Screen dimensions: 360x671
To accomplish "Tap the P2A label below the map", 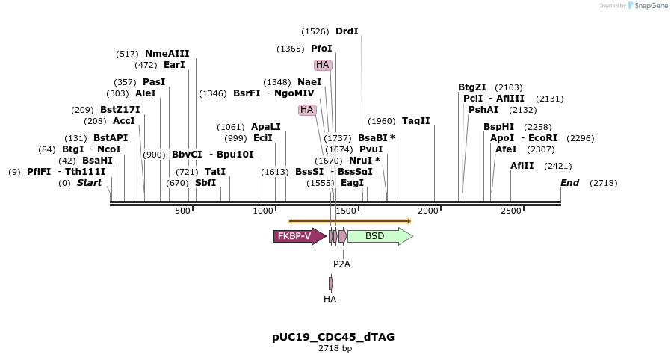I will tap(341, 264).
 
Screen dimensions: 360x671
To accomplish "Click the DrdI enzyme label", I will tap(347, 31).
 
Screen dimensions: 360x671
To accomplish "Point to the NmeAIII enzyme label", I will tap(167, 54).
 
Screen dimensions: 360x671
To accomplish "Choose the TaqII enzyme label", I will tap(416, 121).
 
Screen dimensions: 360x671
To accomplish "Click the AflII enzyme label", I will tap(522, 166).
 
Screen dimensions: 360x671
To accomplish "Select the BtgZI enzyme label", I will tap(472, 87).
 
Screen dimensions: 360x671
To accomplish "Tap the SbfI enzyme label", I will tap(205, 183).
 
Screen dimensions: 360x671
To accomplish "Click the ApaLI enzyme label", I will tap(266, 127).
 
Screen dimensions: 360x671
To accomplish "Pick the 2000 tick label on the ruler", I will tap(428, 211).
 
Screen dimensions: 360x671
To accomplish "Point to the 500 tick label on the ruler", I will tap(183, 211).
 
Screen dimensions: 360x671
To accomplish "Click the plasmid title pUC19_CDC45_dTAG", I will tap(333, 337).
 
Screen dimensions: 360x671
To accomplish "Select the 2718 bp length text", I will tap(335, 349).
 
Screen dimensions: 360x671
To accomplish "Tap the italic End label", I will tap(570, 183).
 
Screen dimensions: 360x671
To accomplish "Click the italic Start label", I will tap(89, 183).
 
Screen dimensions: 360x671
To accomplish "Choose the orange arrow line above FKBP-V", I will tap(350, 221).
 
